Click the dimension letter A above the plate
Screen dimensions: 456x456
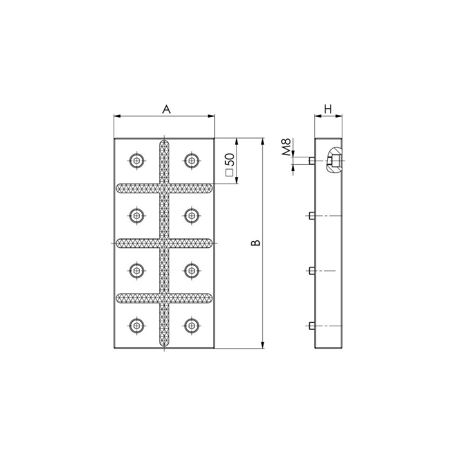pos(166,109)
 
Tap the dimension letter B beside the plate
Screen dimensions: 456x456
pos(256,243)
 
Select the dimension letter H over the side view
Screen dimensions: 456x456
pos(328,109)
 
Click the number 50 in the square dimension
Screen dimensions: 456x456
pos(230,160)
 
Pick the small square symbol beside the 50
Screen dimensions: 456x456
pos(229,173)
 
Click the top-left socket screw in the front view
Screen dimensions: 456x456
pos(137,161)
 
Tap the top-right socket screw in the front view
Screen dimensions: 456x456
pos(192,161)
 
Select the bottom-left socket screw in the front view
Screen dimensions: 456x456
pos(137,326)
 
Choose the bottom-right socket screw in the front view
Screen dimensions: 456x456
pos(192,326)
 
